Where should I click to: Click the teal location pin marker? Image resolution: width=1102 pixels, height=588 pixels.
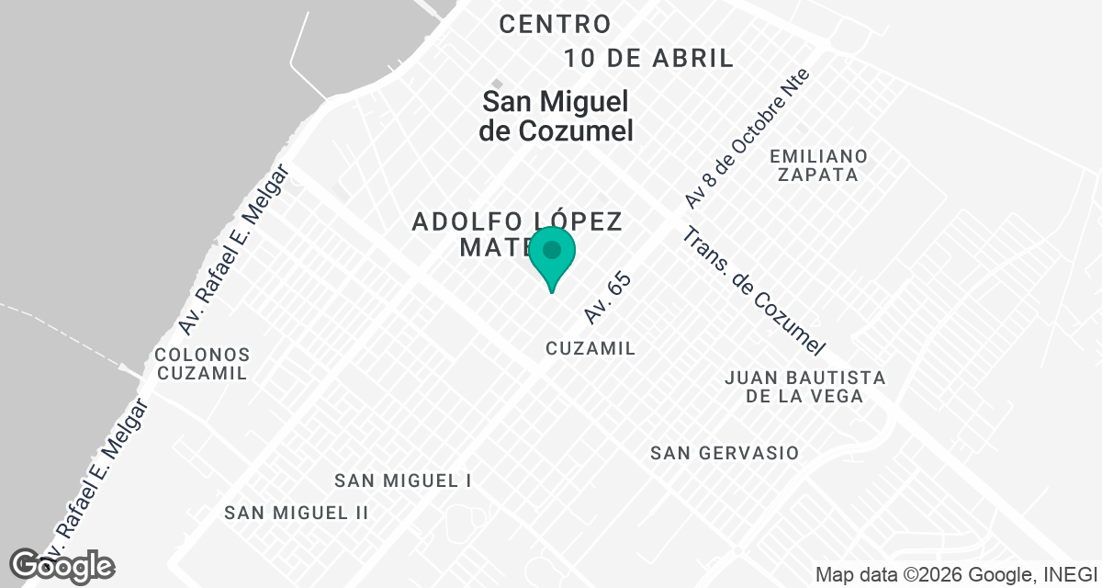pyautogui.click(x=552, y=254)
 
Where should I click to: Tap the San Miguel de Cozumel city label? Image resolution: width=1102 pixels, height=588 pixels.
pyautogui.click(x=556, y=116)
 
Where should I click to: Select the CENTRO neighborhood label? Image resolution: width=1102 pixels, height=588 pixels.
pyautogui.click(x=555, y=25)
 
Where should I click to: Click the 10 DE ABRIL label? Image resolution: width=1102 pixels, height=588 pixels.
pyautogui.click(x=648, y=59)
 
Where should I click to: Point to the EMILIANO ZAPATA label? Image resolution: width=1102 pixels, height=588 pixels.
pyautogui.click(x=819, y=164)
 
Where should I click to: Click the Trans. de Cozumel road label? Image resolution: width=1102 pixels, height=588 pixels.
pyautogui.click(x=753, y=291)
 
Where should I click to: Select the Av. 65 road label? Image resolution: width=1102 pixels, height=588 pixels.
pyautogui.click(x=608, y=297)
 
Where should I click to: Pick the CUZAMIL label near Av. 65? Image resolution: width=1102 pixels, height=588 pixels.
pyautogui.click(x=590, y=348)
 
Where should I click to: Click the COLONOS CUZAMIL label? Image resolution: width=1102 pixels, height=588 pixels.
pyautogui.click(x=202, y=364)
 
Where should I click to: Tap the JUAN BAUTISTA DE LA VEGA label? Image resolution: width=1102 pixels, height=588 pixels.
pyautogui.click(x=804, y=387)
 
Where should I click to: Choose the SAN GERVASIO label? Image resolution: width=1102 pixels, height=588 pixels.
pyautogui.click(x=724, y=453)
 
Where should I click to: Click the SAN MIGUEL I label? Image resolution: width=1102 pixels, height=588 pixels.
pyautogui.click(x=402, y=481)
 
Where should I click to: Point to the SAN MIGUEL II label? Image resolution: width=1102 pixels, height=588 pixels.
pyautogui.click(x=296, y=513)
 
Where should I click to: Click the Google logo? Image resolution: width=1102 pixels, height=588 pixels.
pyautogui.click(x=62, y=566)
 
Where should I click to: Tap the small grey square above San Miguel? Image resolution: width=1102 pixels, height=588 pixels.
pyautogui.click(x=497, y=84)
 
